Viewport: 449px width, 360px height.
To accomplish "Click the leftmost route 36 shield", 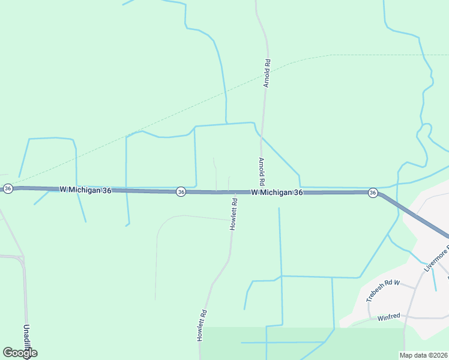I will (x=7, y=188).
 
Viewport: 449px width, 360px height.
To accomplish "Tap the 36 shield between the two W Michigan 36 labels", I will (x=181, y=192).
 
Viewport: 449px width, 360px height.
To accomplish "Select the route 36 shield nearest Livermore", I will (x=373, y=193).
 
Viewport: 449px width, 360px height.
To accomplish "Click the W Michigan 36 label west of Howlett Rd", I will (x=85, y=190).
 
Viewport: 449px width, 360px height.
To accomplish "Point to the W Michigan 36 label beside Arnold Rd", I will (x=277, y=193).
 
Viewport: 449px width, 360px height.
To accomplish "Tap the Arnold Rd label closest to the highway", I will (x=262, y=171).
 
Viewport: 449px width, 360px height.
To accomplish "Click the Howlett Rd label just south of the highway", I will (x=235, y=214).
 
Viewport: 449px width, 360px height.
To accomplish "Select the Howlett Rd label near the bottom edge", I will (x=203, y=325).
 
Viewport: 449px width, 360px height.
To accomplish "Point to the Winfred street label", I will (x=389, y=317).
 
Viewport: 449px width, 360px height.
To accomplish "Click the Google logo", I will (x=20, y=353).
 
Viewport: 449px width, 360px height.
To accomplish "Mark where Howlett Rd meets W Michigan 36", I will (x=232, y=193).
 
